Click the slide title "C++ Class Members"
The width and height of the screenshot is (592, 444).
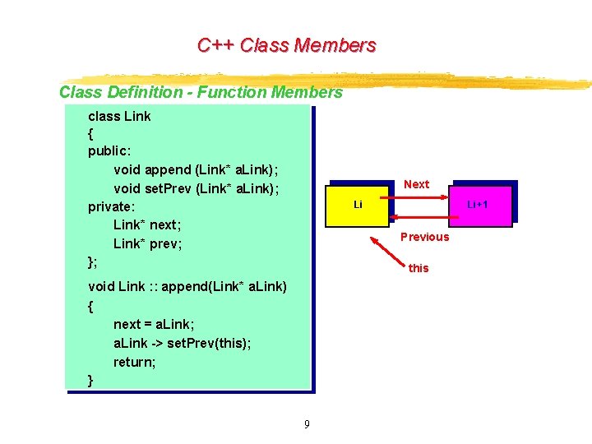286,45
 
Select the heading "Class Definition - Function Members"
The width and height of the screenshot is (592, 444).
201,92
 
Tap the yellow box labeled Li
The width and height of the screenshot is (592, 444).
358,204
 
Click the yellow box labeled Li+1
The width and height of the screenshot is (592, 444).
478,203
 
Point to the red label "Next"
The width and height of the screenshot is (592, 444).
416,184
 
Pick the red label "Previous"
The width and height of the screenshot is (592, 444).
424,237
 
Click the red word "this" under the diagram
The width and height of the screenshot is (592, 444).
419,268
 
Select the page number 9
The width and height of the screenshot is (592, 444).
307,424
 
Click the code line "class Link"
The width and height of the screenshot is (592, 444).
119,116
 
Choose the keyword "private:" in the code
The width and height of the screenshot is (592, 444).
111,206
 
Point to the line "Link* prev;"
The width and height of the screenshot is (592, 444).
148,243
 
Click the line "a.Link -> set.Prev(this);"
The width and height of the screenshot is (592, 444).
183,343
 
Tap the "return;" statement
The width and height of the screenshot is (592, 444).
135,362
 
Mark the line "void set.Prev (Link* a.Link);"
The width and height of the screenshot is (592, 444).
197,188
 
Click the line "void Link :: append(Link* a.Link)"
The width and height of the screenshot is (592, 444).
187,286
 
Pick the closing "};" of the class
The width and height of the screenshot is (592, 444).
93,261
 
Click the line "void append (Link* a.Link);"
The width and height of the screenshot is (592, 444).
196,169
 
